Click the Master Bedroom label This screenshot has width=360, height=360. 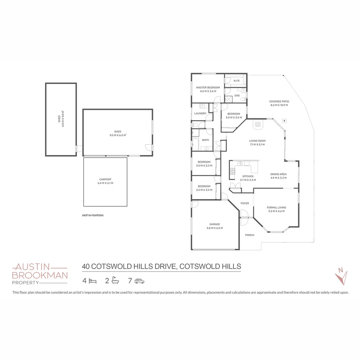point(208,87)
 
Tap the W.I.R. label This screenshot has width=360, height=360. point(237,81)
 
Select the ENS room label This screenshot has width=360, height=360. point(237,96)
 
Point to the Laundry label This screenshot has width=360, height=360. point(200,113)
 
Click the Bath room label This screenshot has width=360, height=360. point(205,140)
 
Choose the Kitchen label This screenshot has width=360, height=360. point(248,176)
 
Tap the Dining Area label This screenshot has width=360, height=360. point(278,174)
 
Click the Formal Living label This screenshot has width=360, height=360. point(276,207)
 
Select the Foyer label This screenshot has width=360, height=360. point(245,203)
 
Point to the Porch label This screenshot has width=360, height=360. point(250,235)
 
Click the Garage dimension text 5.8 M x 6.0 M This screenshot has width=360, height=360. point(215,228)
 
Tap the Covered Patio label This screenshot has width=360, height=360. point(279,101)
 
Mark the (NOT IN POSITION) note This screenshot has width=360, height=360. point(93,215)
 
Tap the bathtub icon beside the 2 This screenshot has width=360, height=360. point(115,281)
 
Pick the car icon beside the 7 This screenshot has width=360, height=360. point(139,281)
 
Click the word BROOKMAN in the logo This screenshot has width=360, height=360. point(40,275)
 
